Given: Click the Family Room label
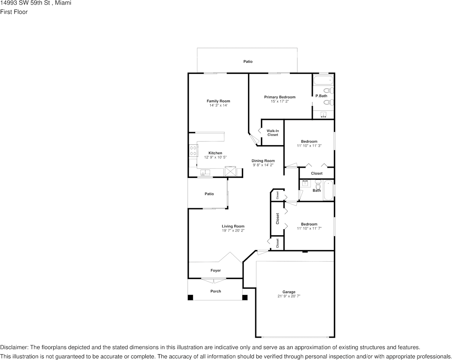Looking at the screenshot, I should tap(218, 101).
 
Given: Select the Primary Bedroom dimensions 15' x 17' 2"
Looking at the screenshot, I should tap(280, 101).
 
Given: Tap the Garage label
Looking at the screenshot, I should tap(289, 292).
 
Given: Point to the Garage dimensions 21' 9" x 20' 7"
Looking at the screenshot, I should tap(289, 296).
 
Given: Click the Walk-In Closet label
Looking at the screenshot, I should tap(272, 133).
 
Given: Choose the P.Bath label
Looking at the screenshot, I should tap(321, 96).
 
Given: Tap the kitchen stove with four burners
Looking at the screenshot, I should tap(193, 151).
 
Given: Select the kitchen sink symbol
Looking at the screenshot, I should tap(206, 173).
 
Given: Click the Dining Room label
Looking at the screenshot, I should tap(263, 161).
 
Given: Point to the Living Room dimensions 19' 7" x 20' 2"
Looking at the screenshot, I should tap(233, 230).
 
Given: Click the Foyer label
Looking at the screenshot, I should tap(216, 271).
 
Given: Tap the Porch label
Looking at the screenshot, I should tap(216, 291).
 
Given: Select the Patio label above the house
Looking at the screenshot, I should tap(248, 62).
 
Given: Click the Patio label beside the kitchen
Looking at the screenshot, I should tap(209, 194).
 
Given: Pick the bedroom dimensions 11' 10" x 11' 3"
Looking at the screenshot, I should tap(309, 146).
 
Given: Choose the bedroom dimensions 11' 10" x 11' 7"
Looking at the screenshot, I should tap(309, 228).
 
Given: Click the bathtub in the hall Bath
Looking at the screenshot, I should tap(328, 191).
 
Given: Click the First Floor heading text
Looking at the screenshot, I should tap(14, 12).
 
